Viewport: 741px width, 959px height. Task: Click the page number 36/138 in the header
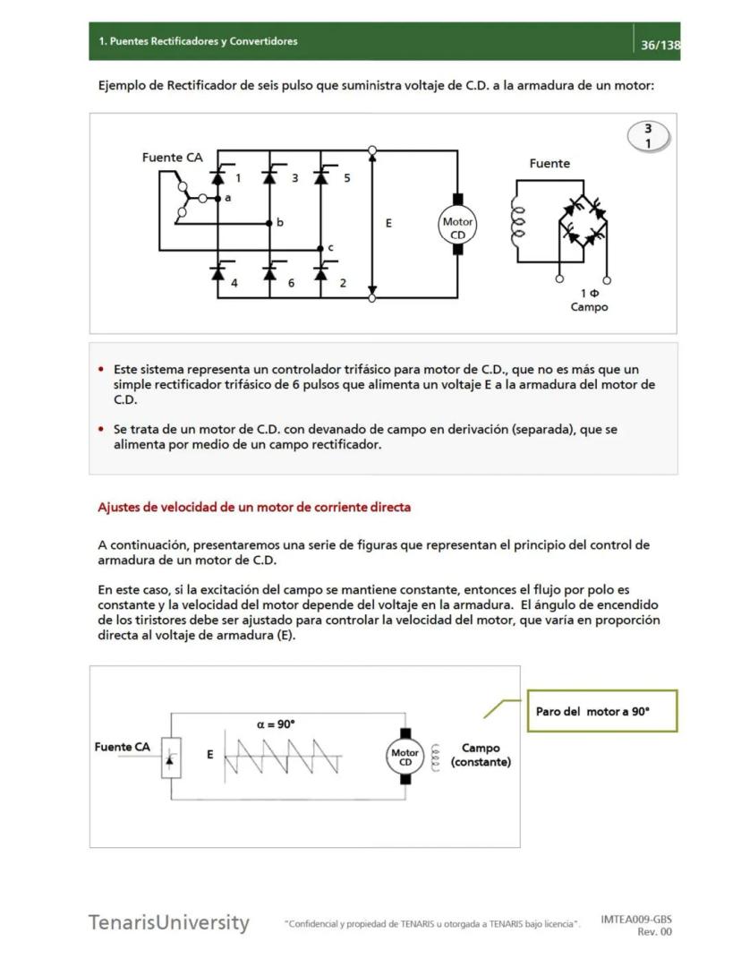pos(660,45)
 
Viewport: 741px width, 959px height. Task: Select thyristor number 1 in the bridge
pos(218,176)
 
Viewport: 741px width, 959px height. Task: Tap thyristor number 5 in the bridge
pos(321,176)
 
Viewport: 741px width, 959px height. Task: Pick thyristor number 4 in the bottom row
pos(218,271)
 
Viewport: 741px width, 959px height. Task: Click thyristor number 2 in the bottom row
pos(321,271)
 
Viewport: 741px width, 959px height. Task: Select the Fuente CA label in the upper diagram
pos(172,158)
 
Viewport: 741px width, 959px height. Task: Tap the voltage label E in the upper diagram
pos(388,224)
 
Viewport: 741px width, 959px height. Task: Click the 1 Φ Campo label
pos(589,300)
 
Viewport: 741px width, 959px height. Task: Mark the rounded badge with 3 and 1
pos(648,135)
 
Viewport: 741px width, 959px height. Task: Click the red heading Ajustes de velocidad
pos(254,507)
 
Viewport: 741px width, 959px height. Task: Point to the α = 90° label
pos(276,724)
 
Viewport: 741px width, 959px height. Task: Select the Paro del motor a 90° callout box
pos(601,711)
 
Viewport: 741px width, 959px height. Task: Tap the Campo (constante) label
pos(481,755)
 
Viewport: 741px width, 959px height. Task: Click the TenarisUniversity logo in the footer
pos(168,922)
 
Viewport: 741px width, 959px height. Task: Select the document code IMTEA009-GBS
pos(636,919)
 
